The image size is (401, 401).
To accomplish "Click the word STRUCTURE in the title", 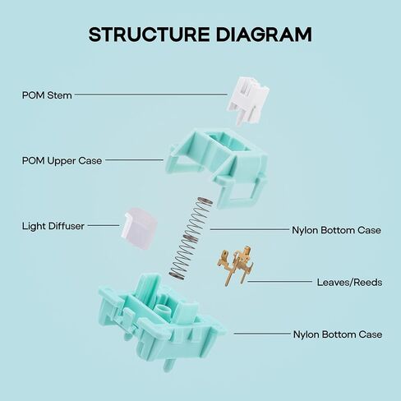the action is pos(149,35).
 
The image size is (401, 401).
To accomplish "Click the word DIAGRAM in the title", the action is pos(264,35).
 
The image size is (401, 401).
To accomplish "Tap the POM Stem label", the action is pos(47,95).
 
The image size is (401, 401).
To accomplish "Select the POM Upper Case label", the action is pos(62,161).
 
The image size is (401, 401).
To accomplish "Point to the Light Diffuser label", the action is pos(53,226).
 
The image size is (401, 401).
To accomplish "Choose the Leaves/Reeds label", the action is pos(349,282).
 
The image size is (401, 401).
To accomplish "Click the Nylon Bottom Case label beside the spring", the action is pos(336,230).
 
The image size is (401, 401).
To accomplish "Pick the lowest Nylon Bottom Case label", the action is pos(338,334).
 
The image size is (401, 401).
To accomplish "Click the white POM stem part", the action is pos(247,100).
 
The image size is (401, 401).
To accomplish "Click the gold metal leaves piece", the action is pos(236,265).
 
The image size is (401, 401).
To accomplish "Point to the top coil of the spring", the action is pos(205,201).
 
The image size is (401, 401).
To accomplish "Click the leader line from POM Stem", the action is pos(150,94).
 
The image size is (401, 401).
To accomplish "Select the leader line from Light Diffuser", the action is pos(104,226).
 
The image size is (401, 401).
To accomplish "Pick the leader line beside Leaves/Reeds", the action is pos(279,281).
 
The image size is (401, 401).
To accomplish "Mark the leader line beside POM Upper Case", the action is pos(134,159).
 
